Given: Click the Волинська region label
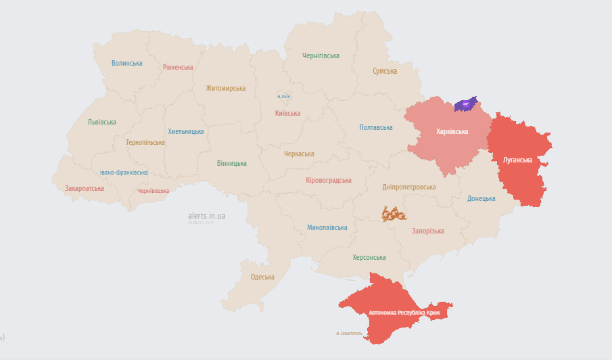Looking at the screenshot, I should (x=127, y=63).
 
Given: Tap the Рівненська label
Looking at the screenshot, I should (x=178, y=67).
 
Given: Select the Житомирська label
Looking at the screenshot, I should (x=226, y=88).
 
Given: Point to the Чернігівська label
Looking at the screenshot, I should (x=321, y=55).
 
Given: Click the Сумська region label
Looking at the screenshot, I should (x=385, y=70).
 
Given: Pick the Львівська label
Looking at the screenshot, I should (x=102, y=122).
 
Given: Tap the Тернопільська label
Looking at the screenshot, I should (x=145, y=142).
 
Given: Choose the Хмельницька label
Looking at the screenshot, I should (x=186, y=131).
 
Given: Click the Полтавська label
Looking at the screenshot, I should (x=376, y=127).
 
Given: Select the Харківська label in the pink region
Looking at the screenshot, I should (x=452, y=131).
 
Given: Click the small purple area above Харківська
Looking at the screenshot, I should (x=465, y=104).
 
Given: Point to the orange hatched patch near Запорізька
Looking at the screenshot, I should (x=394, y=215).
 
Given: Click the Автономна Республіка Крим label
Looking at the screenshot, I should (x=404, y=313).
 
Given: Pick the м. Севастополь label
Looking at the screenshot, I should (x=349, y=334).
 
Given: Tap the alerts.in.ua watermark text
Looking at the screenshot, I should (x=206, y=216).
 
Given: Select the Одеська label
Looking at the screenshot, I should (x=262, y=277).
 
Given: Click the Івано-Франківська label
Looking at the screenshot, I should (x=124, y=173).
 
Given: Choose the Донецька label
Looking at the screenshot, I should (x=481, y=198).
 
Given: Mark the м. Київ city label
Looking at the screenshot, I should (x=283, y=97).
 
